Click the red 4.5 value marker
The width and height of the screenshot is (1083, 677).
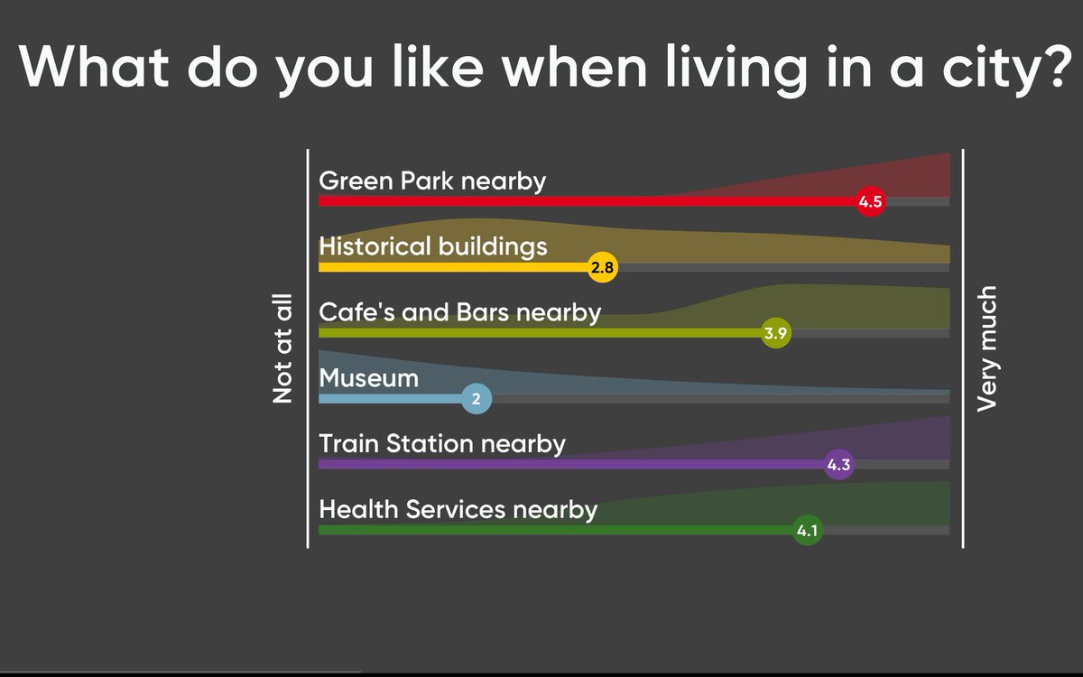tap(871, 202)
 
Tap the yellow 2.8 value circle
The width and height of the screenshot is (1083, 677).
tap(602, 267)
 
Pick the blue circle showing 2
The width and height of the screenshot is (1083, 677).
tap(477, 398)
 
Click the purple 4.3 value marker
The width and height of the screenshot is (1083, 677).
tap(838, 465)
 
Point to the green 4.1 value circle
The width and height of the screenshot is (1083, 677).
tap(807, 531)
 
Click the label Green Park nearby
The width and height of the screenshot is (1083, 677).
tap(432, 181)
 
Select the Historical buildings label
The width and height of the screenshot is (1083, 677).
tap(433, 246)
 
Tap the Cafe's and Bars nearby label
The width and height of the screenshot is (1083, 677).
tap(459, 312)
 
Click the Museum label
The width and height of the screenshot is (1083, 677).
tap(368, 378)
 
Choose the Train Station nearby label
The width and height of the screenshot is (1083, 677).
tap(442, 444)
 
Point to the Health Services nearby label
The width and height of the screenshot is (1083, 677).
tap(458, 510)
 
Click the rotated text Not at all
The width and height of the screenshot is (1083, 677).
tap(283, 348)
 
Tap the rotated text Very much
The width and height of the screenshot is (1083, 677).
tap(987, 348)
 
